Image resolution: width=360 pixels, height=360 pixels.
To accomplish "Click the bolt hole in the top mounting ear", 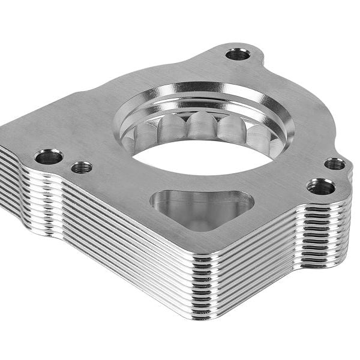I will point(238,54).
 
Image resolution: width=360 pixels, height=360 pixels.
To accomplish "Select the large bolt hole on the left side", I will point(49,157).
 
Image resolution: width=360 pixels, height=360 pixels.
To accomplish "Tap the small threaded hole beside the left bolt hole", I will point(82,167).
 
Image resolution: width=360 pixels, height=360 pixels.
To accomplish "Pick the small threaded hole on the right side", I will point(335,163).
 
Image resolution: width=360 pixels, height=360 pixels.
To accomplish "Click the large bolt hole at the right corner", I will point(320,187).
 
